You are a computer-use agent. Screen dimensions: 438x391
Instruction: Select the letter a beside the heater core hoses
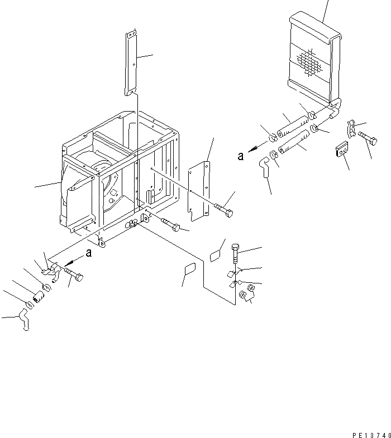click(241, 157)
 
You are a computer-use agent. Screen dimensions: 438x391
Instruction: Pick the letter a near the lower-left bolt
click(89, 254)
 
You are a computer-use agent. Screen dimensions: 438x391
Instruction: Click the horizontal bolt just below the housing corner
click(170, 225)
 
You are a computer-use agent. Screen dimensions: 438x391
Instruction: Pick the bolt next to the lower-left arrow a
click(74, 273)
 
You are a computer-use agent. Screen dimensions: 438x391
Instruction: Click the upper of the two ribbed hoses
click(293, 124)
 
